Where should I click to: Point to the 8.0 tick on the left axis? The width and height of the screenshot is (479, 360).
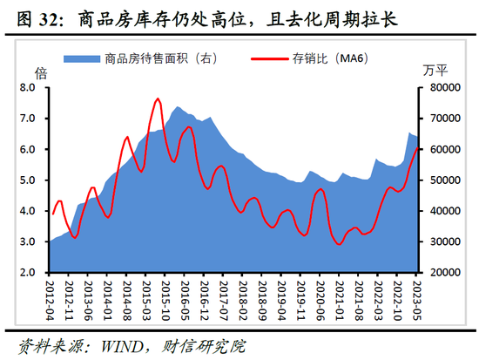(26, 88)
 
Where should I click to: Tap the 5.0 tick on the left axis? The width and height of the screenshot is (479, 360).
(26, 180)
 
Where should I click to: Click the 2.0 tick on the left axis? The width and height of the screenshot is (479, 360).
(26, 272)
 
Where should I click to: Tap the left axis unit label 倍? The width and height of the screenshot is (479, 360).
(39, 71)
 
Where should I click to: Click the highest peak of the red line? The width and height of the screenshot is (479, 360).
(157, 99)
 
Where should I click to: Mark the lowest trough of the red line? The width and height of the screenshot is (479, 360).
(338, 244)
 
